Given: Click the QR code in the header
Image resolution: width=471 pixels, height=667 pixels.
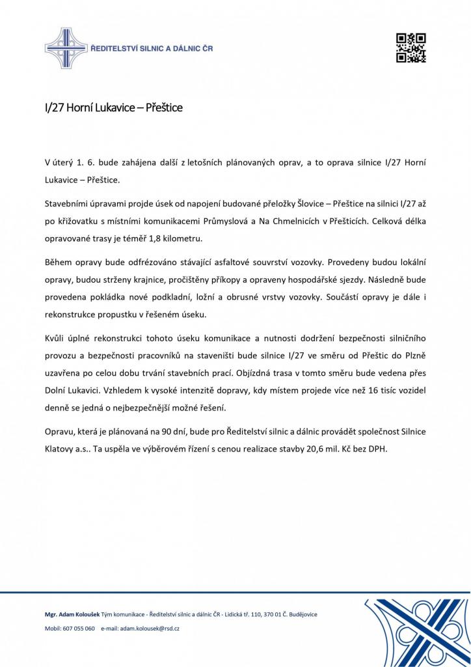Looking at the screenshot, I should pos(410,48).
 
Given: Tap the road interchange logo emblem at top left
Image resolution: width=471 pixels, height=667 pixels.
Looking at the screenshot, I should pos(66,49).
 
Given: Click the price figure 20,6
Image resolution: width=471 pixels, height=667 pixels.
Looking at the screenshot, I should pos(316,450).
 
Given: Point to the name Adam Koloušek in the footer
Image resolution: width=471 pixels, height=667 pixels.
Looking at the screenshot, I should pos(79,614).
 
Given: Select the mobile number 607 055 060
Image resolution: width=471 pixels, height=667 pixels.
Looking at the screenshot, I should pos(79,629).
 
